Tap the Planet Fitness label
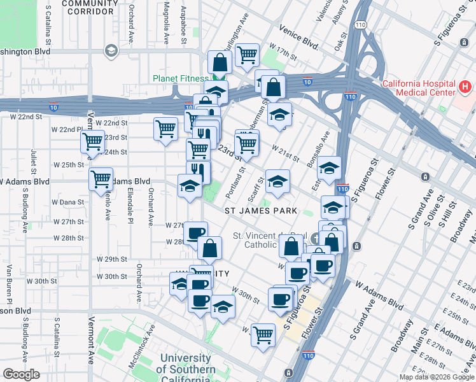pos(176,79)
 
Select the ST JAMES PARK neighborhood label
pos(260,209)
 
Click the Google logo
pos(22,374)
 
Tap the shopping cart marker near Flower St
pos(263,334)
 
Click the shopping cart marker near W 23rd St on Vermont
pos(93,141)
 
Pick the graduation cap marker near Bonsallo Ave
pos(329,169)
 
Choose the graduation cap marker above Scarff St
pos(277,181)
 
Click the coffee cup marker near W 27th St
pos(195,233)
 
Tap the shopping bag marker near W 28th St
pos(209,249)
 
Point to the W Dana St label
pos(69,202)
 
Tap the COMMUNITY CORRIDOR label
pos(90,7)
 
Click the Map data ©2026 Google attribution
pos(437,377)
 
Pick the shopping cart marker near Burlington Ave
pos(246,55)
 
